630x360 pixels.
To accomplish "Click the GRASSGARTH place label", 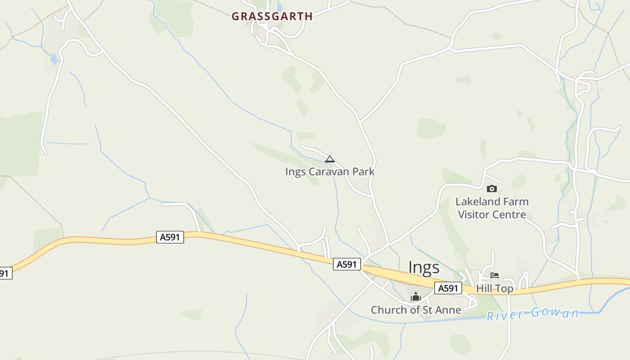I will [x=272, y=16].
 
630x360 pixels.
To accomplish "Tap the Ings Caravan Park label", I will [x=330, y=171].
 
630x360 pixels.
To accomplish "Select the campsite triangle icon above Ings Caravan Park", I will [x=330, y=159].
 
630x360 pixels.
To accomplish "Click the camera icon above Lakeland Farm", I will [x=491, y=189].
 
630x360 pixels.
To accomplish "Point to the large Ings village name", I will [x=423, y=267].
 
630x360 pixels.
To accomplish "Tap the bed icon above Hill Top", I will [x=495, y=275].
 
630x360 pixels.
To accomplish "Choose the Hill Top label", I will [x=495, y=288].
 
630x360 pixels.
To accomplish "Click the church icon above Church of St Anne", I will [x=416, y=297].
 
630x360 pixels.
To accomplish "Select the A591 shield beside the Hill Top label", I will [x=448, y=288].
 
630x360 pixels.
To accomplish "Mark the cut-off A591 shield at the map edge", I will [x=4, y=273].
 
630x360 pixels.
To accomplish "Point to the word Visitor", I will [x=475, y=214].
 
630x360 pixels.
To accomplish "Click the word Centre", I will [x=510, y=214].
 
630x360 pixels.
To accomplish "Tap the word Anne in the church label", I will [x=449, y=310].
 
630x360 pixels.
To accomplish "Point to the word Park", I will [x=364, y=171].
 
